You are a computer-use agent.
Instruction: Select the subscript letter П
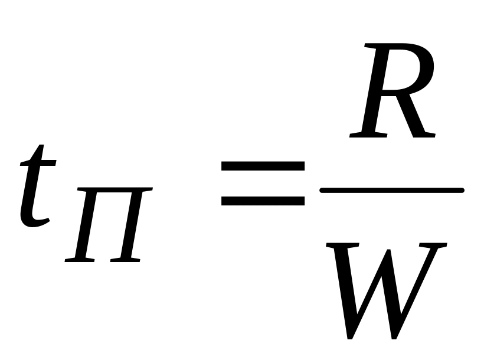point(109,224)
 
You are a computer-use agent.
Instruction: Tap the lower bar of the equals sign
point(263,200)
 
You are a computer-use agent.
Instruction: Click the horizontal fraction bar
point(391,190)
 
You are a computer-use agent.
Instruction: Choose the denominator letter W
point(387,289)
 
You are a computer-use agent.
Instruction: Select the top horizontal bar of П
point(115,192)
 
